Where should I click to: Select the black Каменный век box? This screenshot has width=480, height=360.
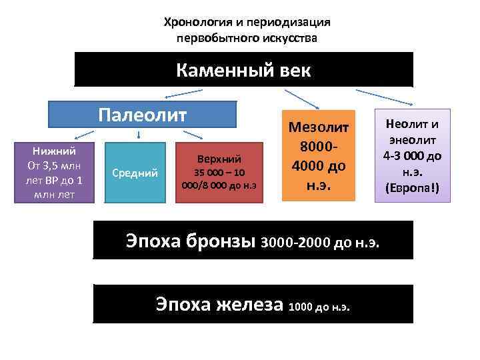(243, 70)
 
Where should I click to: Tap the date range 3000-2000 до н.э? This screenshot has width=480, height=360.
(322, 243)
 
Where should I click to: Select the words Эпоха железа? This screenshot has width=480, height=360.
(220, 305)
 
